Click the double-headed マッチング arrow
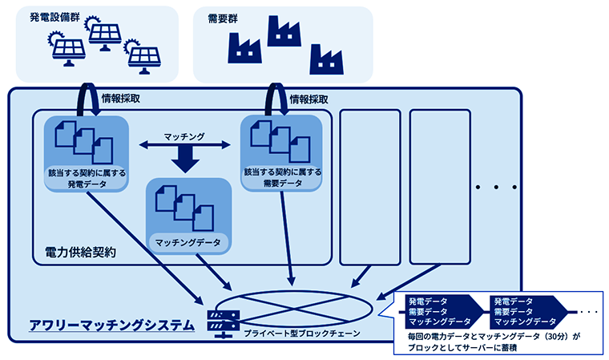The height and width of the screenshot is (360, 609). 184,145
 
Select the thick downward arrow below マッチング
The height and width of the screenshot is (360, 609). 185,162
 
